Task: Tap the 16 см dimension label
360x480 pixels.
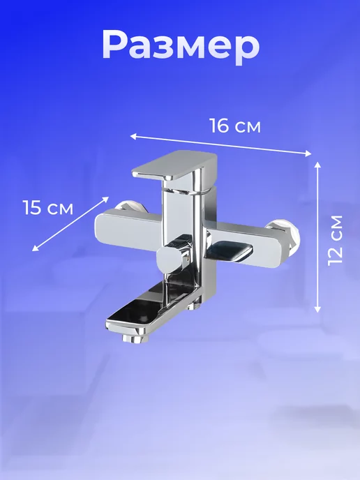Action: coord(235,126)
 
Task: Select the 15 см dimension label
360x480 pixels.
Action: coord(48,207)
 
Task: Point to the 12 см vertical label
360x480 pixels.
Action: coord(335,240)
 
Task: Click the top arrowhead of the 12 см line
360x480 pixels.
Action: coord(317,165)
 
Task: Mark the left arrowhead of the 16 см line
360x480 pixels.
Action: coord(133,136)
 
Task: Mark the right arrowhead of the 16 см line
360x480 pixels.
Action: coord(308,153)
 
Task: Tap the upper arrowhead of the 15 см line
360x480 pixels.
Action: coord(106,200)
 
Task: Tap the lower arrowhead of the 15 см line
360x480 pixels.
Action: coord(35,248)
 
